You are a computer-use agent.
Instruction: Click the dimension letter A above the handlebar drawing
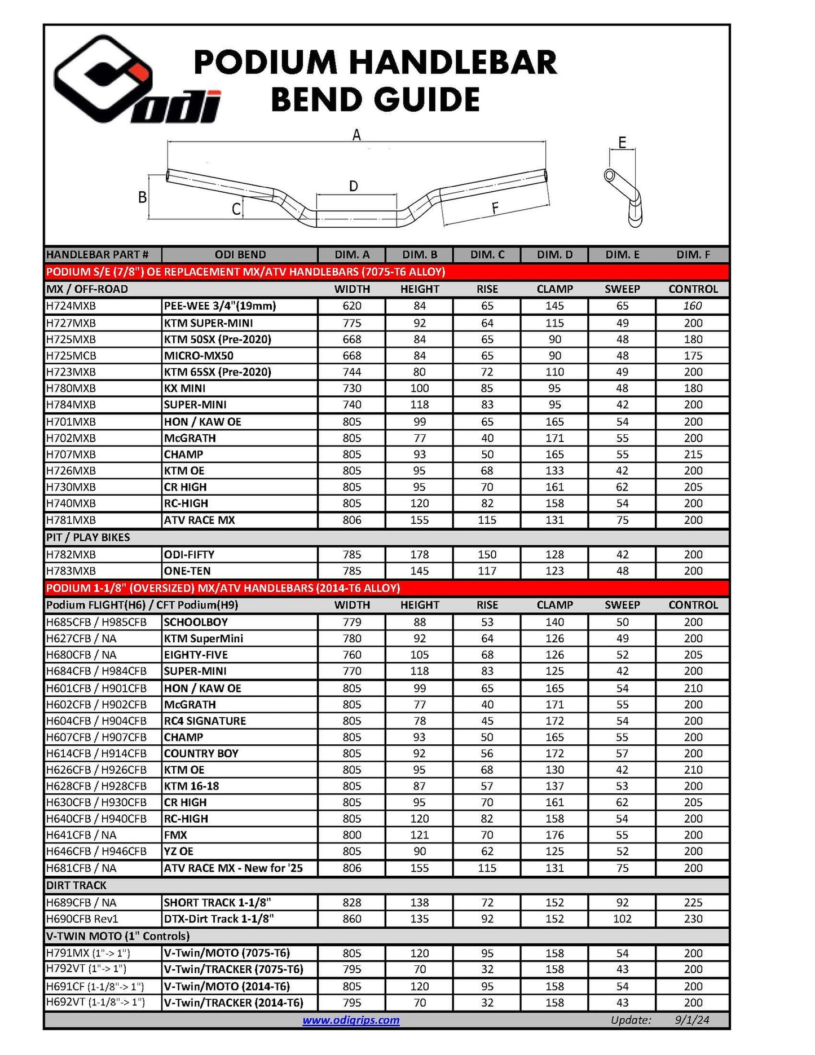pyautogui.click(x=356, y=135)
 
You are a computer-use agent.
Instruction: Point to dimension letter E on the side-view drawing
pyautogui.click(x=622, y=142)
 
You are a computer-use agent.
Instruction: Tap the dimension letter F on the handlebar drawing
pyautogui.click(x=495, y=208)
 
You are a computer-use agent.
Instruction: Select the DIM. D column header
pyautogui.click(x=554, y=255)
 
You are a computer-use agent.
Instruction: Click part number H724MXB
pyautogui.click(x=71, y=306)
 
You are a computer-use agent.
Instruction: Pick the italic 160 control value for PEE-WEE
pyautogui.click(x=693, y=306)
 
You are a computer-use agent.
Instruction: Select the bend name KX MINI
pyautogui.click(x=184, y=389)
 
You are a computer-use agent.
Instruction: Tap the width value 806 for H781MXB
pyautogui.click(x=352, y=520)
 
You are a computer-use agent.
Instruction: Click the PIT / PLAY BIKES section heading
pyautogui.click(x=88, y=537)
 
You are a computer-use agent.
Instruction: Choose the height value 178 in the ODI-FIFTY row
pyautogui.click(x=420, y=555)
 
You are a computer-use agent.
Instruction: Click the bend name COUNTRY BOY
pyautogui.click(x=201, y=754)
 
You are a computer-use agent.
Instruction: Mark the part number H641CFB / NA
pyautogui.click(x=81, y=835)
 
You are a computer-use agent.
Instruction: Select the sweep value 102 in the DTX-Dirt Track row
pyautogui.click(x=622, y=919)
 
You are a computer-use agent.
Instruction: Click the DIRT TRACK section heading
pyautogui.click(x=76, y=885)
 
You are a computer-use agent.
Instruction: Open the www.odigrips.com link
pyautogui.click(x=351, y=1020)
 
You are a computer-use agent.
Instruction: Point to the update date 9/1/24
pyautogui.click(x=691, y=1020)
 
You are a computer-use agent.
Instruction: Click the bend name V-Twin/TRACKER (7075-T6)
pyautogui.click(x=233, y=969)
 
